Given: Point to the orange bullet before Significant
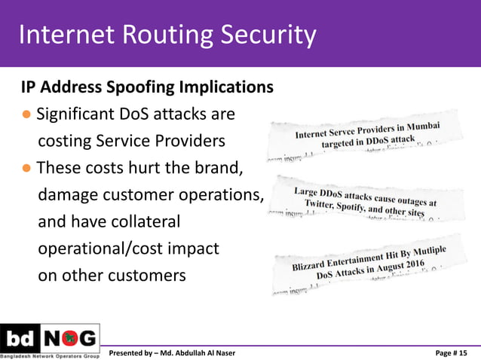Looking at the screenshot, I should (x=26, y=115).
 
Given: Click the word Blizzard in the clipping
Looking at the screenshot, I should (x=311, y=265).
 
